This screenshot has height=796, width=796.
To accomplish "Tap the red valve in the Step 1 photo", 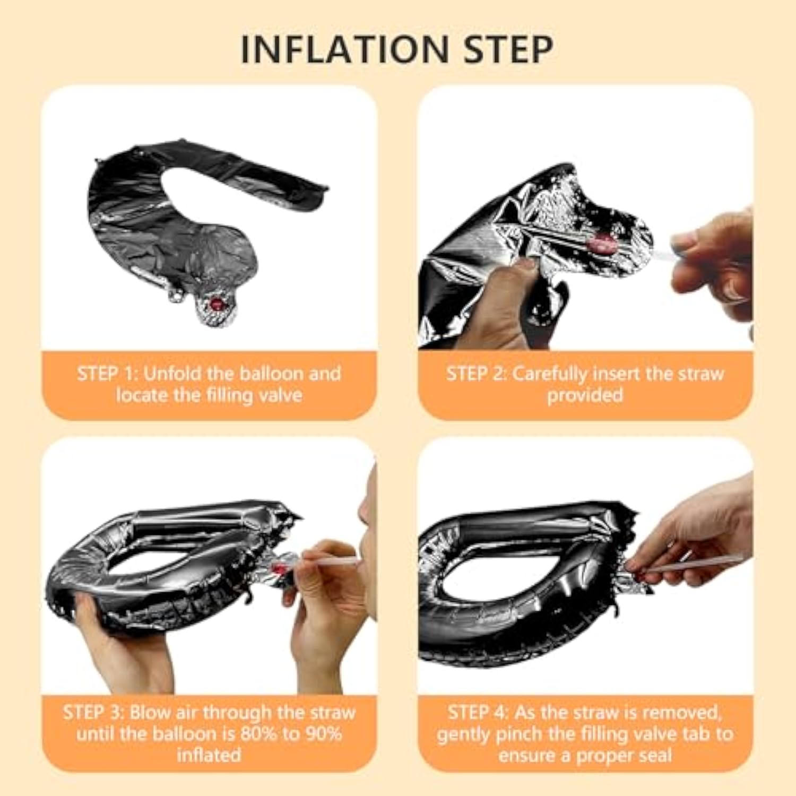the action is click(217, 304).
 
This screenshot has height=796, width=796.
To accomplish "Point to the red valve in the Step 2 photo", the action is click(602, 245).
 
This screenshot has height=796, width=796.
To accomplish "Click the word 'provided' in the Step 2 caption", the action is click(585, 395).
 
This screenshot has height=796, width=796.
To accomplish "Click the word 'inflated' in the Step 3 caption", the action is click(209, 755).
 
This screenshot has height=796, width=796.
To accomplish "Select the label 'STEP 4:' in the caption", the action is click(478, 713).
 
